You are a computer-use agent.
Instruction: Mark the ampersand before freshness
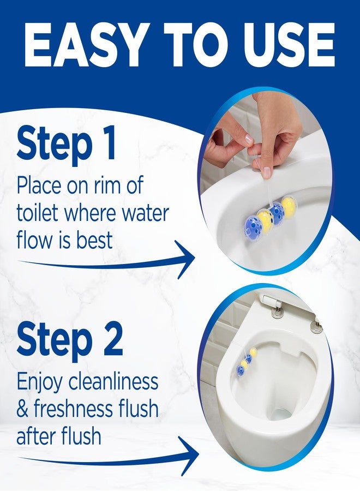coord(23,409)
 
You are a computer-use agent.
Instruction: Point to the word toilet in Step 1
coord(40,213)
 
